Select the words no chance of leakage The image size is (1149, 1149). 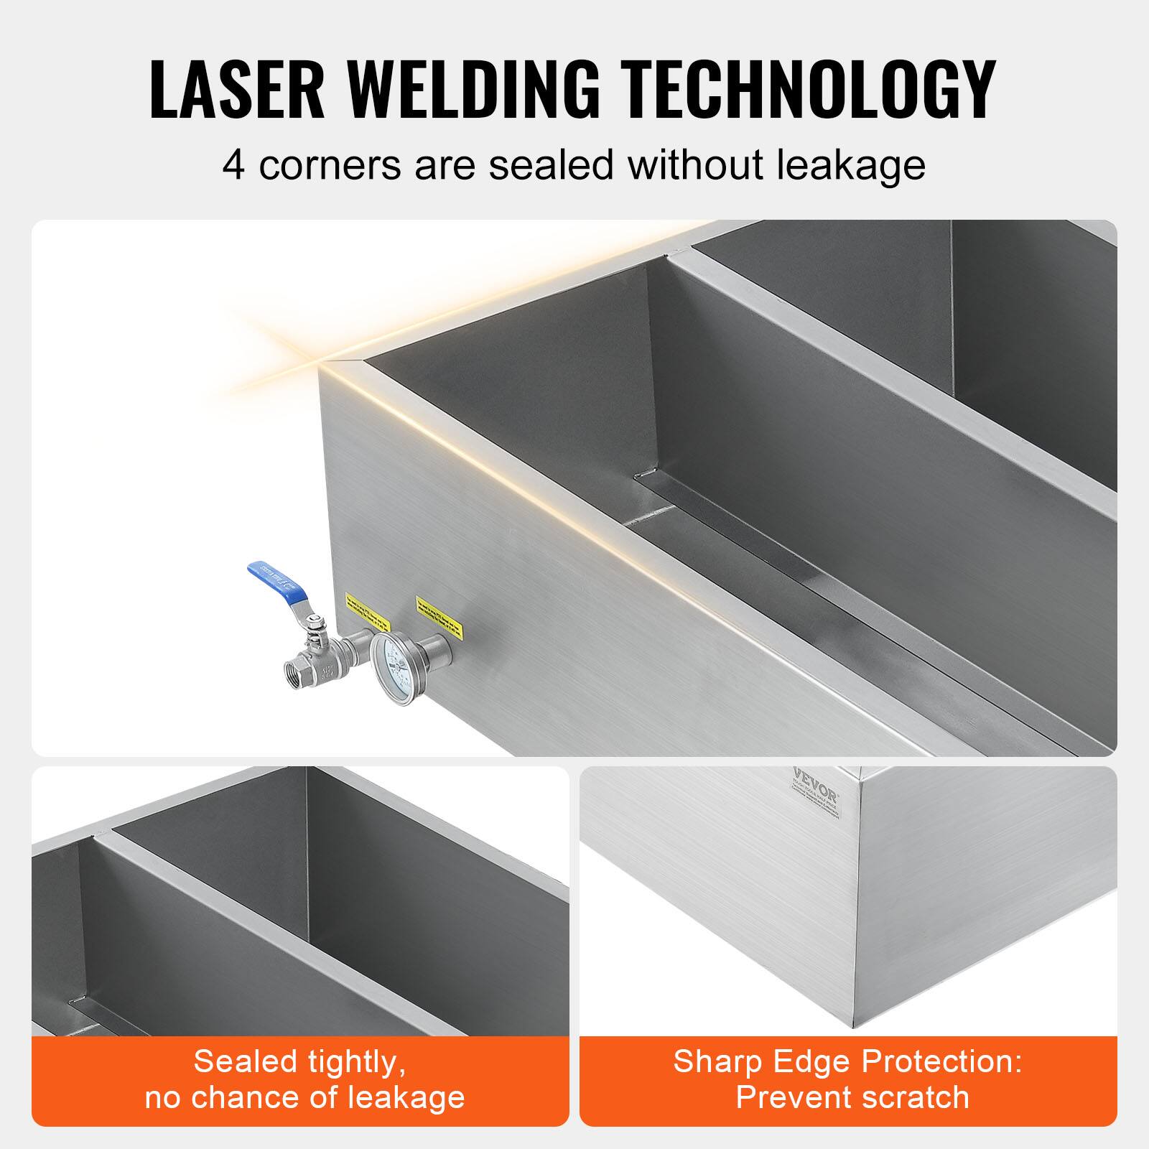(304, 1097)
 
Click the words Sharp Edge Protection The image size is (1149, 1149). (847, 1061)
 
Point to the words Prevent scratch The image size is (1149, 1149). (852, 1097)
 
